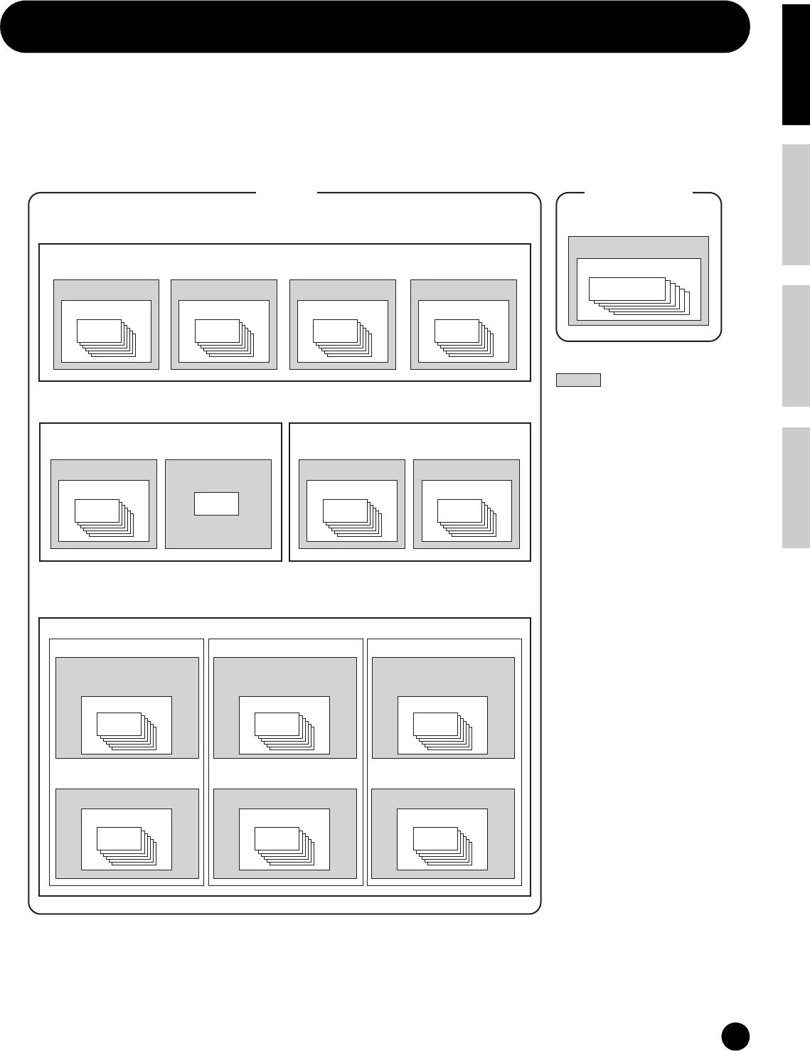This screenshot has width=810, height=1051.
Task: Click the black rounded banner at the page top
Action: (x=375, y=27)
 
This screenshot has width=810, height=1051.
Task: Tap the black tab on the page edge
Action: (x=796, y=64)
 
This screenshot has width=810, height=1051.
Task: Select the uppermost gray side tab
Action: (x=796, y=205)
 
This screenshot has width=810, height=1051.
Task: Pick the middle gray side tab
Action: (x=796, y=346)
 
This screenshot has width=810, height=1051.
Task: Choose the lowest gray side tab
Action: (x=796, y=488)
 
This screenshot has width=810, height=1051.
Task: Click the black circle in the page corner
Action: (x=735, y=1035)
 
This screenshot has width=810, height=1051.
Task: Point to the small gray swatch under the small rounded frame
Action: (x=578, y=380)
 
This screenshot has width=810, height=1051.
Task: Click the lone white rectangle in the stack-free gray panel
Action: (x=217, y=503)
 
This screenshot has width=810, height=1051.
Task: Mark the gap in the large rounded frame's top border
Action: (x=286, y=193)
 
